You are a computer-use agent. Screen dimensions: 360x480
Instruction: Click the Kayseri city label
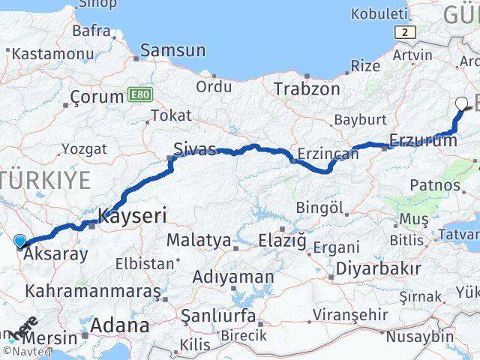point(132,216)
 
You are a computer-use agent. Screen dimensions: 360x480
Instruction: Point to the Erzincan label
point(328,153)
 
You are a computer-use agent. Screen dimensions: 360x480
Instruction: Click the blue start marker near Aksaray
point(19,241)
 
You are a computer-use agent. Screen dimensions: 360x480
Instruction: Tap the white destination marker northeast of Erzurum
point(461,104)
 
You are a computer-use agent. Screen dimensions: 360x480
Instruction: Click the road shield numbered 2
point(406,31)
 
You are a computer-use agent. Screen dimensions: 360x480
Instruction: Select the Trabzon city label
point(307,88)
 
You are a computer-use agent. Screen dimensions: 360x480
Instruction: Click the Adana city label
point(119,325)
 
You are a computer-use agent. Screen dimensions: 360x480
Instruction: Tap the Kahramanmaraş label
point(92,289)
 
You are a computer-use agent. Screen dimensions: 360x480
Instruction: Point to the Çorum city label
point(97,97)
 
